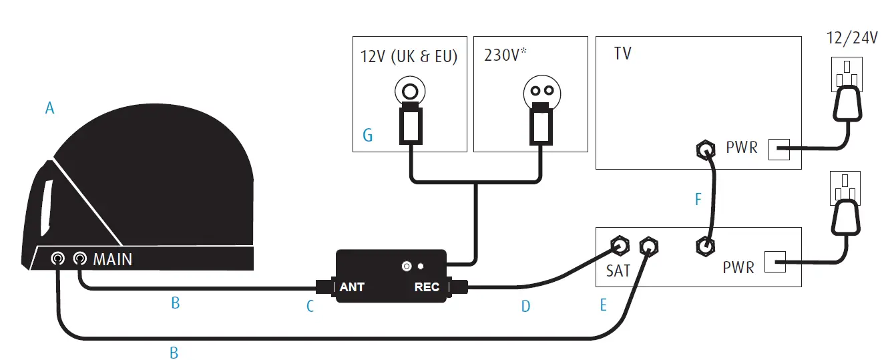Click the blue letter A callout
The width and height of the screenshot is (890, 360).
point(49,107)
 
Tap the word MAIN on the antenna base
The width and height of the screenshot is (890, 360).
point(112,258)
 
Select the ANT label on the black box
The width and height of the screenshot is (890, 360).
point(352,287)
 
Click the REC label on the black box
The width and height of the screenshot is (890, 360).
point(427,287)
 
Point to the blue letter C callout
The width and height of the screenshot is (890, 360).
point(310,307)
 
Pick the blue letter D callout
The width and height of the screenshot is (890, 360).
point(525,307)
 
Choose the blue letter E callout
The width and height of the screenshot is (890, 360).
point(604,305)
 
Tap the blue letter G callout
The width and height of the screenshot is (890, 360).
point(367,136)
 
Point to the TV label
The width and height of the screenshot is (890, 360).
point(622,53)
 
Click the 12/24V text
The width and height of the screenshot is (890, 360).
point(852,38)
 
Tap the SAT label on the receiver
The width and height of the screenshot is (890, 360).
point(618,271)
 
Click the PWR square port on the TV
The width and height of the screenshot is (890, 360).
point(779,150)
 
